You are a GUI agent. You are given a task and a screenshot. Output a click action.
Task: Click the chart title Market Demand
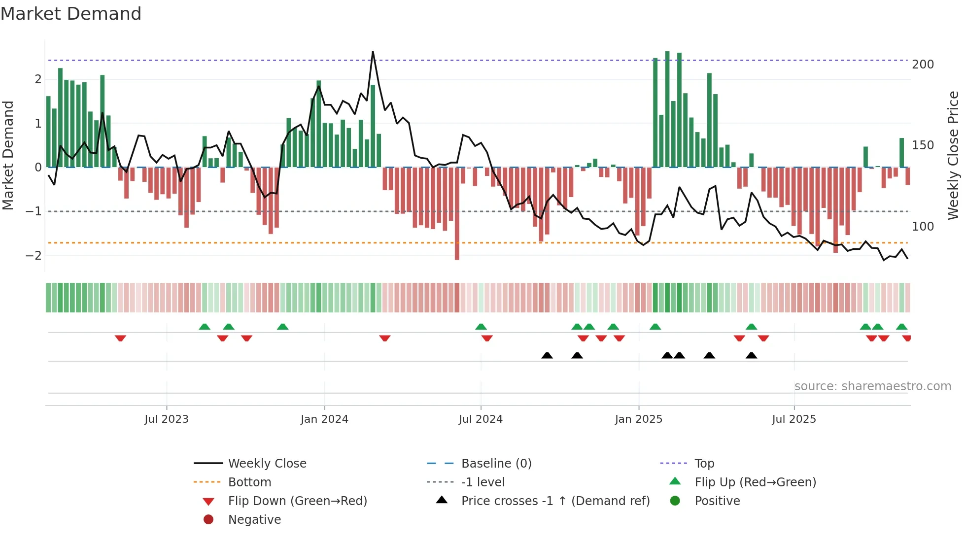pyautogui.click(x=71, y=14)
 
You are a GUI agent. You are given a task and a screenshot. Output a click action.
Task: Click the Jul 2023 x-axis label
pyautogui.click(x=166, y=419)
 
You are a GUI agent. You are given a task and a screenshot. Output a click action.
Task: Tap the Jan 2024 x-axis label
pyautogui.click(x=324, y=419)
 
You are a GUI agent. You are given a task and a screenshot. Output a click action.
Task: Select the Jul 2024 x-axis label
pyautogui.click(x=481, y=419)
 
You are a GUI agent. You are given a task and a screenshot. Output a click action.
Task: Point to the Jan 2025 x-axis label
pyautogui.click(x=638, y=419)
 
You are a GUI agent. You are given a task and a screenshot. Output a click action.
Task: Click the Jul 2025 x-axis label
pyautogui.click(x=794, y=419)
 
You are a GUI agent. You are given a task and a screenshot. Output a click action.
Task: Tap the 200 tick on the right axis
pyautogui.click(x=923, y=65)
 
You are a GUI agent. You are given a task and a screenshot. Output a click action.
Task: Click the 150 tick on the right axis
pyautogui.click(x=923, y=145)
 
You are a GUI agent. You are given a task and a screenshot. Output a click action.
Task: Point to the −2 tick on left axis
pyautogui.click(x=34, y=255)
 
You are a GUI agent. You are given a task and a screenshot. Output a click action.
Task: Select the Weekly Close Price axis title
pyautogui.click(x=953, y=155)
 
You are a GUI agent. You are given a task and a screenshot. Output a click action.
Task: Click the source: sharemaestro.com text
pyautogui.click(x=872, y=386)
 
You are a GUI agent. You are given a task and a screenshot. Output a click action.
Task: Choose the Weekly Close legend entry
pyautogui.click(x=267, y=464)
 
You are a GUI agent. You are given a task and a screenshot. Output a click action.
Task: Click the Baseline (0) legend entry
pyautogui.click(x=496, y=464)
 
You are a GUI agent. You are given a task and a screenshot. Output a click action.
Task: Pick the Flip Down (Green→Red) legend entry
pyautogui.click(x=297, y=501)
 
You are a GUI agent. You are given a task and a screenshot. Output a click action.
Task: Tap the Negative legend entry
pyautogui.click(x=254, y=520)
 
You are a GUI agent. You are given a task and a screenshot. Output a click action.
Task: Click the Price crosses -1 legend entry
pyautogui.click(x=555, y=501)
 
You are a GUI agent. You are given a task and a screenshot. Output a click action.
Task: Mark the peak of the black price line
pyautogui.click(x=373, y=52)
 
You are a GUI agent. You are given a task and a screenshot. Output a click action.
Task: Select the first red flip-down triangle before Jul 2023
pyautogui.click(x=120, y=338)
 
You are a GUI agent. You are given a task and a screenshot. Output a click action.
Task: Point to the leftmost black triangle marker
pyautogui.click(x=547, y=355)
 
